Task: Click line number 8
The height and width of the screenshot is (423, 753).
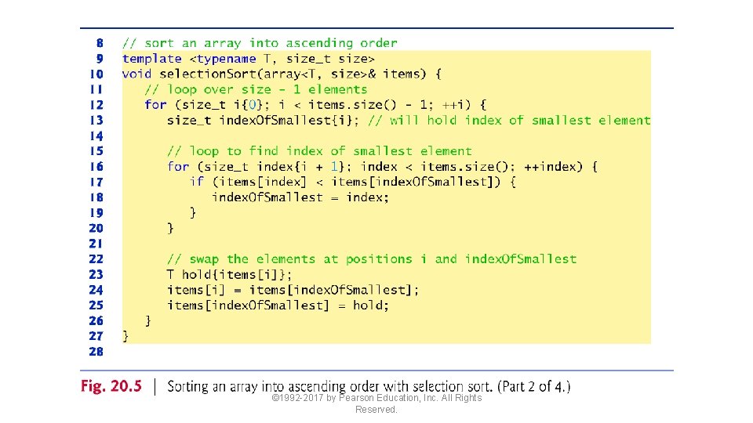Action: pyautogui.click(x=99, y=43)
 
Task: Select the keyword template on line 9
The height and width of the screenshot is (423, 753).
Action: pyautogui.click(x=151, y=59)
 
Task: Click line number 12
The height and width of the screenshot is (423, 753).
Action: pyautogui.click(x=96, y=104)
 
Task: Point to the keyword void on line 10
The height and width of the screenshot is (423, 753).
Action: pyautogui.click(x=136, y=74)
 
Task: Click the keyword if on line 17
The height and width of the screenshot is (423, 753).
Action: pyautogui.click(x=197, y=182)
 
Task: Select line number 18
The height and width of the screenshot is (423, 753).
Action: pyautogui.click(x=96, y=197)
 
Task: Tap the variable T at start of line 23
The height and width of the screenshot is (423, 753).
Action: pyautogui.click(x=170, y=274)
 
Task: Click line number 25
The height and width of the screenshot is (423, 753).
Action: pyautogui.click(x=96, y=305)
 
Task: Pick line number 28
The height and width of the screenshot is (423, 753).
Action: pyautogui.click(x=96, y=352)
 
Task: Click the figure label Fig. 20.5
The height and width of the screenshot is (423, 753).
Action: pyautogui.click(x=111, y=386)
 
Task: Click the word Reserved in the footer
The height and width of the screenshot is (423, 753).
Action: pyautogui.click(x=376, y=410)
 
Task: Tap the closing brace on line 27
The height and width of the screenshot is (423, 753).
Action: pyautogui.click(x=125, y=336)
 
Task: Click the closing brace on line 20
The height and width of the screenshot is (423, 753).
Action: pyautogui.click(x=170, y=228)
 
